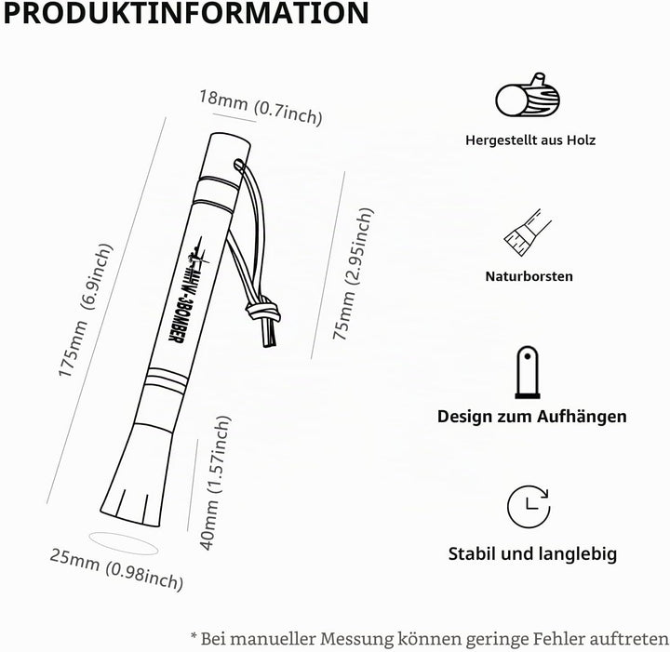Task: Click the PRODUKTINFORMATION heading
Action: (186, 13)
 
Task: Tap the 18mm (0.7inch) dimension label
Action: (261, 108)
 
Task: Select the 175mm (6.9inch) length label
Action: (85, 311)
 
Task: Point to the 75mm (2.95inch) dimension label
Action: (353, 273)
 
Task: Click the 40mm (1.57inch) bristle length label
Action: (215, 483)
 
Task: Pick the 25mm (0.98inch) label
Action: (116, 569)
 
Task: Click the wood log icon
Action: (528, 95)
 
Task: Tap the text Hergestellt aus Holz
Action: (530, 140)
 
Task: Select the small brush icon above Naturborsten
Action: (528, 233)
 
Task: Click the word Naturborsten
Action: (529, 276)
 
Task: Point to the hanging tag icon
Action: (528, 372)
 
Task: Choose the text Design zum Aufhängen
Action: (532, 417)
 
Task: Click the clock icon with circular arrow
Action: (529, 506)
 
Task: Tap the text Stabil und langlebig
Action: (532, 553)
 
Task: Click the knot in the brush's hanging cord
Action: (263, 310)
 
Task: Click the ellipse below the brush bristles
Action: (124, 543)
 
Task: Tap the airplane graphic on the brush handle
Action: (198, 253)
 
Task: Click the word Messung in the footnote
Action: (356, 639)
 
